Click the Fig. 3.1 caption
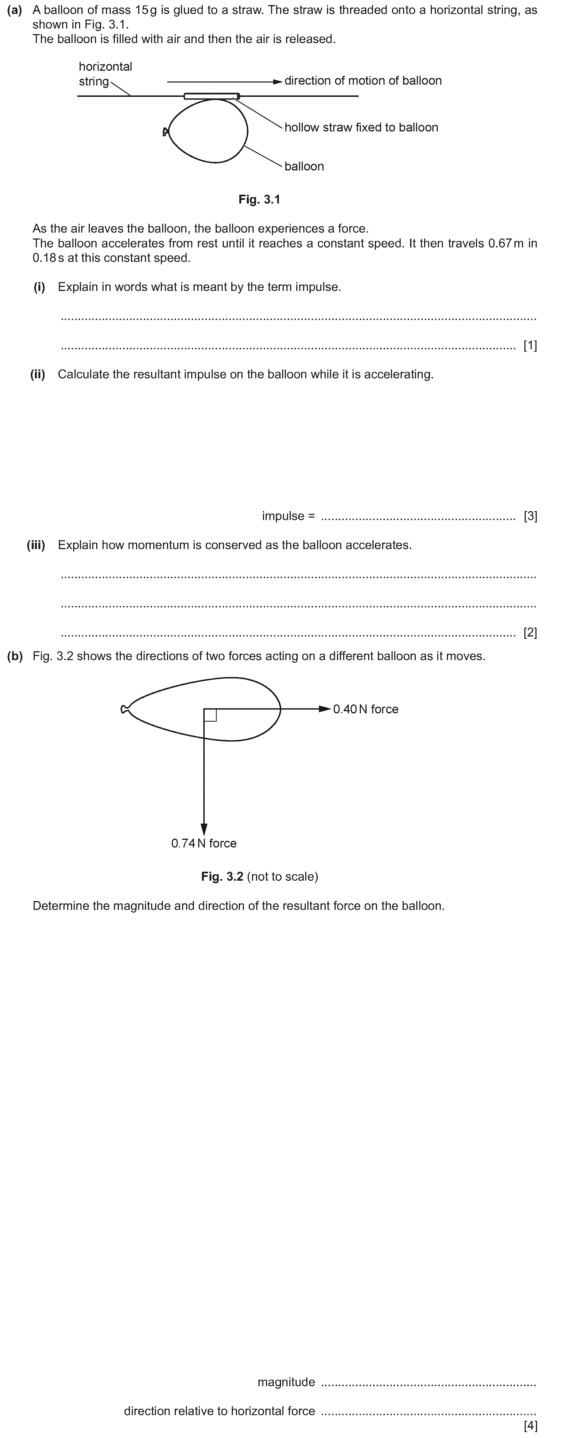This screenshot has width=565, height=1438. point(259,199)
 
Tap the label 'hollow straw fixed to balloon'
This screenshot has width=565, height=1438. point(361,127)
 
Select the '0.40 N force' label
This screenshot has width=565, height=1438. point(366,709)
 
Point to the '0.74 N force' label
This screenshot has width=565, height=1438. point(204,843)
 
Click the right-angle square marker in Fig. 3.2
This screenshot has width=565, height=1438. point(210,715)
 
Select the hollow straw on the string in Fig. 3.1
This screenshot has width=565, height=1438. point(212,96)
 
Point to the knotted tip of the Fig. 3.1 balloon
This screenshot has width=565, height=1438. point(165,132)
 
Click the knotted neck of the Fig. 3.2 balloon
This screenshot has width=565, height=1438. point(125,709)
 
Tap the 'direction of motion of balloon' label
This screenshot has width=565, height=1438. point(363,80)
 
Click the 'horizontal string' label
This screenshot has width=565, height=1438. point(105,74)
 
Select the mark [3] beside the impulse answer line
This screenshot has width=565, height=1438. point(530,516)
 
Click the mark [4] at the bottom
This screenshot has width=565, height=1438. point(530,1426)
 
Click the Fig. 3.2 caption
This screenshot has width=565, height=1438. point(260,876)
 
